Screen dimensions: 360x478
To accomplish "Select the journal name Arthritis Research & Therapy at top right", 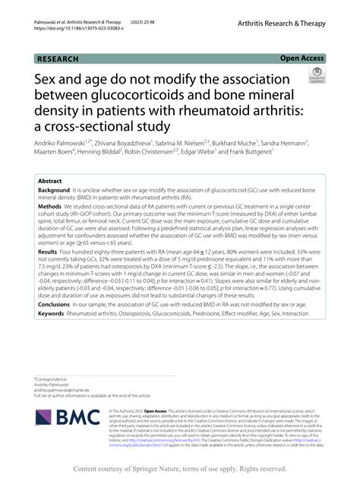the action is (x=282, y=25).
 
